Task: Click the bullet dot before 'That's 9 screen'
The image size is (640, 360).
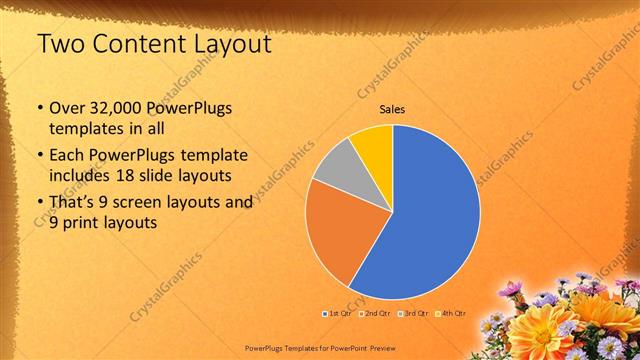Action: (39, 202)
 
